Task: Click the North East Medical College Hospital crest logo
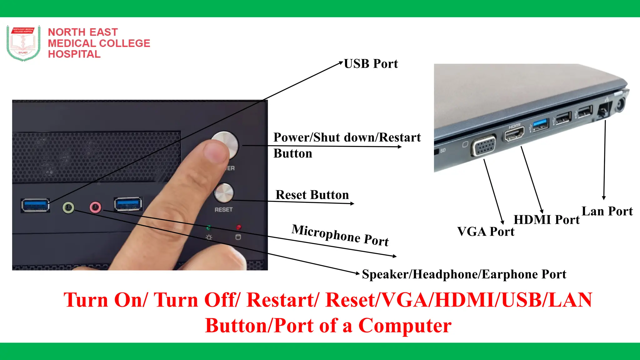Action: [23, 43]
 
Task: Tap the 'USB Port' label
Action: [371, 64]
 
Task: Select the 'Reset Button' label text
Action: [312, 195]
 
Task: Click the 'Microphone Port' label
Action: [340, 235]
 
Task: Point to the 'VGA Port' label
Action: [486, 232]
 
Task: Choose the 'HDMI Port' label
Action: [546, 220]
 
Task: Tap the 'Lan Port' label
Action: [607, 211]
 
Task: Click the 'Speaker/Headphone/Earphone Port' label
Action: [464, 274]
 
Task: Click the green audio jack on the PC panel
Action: [68, 207]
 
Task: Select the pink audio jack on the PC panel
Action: [95, 207]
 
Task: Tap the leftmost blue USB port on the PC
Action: [35, 205]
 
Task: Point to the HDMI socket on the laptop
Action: [514, 134]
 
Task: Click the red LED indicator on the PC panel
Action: [238, 227]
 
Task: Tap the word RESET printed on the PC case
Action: [223, 210]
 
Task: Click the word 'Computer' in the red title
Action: [405, 326]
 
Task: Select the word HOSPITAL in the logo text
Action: [74, 54]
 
